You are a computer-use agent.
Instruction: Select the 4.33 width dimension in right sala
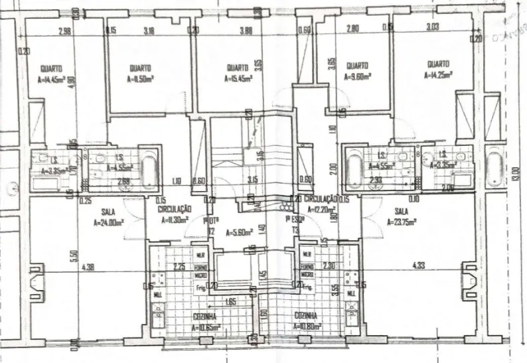[x=417, y=266]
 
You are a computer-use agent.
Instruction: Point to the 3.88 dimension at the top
[x=246, y=31]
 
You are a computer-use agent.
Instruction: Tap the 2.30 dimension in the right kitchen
[x=327, y=265]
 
